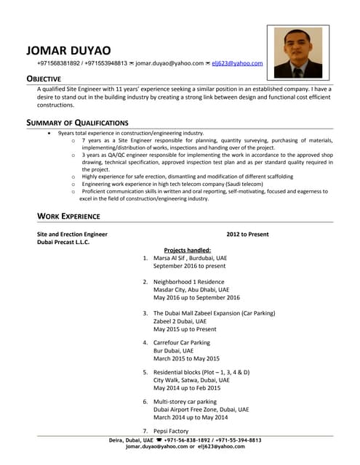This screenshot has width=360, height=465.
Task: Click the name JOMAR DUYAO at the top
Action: coord(68,50)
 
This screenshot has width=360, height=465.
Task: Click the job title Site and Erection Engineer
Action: coord(72,235)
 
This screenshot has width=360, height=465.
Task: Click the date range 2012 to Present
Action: coord(247,235)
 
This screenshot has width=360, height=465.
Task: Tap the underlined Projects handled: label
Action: coord(187,250)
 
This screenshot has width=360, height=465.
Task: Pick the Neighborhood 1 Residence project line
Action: coord(189,281)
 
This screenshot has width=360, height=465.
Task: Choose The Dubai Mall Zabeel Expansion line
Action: coord(214,313)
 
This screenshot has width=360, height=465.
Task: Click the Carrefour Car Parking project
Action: coord(181,342)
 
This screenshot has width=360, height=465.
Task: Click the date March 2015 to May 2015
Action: coord(186,358)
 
